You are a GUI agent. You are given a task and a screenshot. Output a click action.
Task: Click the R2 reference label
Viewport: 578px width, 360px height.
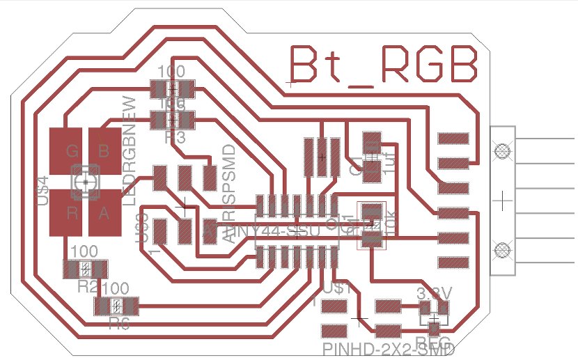click(x=88, y=285)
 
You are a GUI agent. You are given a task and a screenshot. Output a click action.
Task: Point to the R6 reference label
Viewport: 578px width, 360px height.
click(x=120, y=322)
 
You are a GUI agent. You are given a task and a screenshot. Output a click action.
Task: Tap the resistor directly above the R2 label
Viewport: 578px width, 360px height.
click(x=85, y=268)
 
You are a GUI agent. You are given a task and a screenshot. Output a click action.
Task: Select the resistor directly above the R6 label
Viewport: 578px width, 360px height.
click(x=117, y=306)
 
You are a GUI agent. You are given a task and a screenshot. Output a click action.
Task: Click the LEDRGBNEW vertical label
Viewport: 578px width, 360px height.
click(x=129, y=149)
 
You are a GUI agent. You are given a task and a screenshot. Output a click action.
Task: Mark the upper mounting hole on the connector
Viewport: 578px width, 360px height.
click(x=500, y=149)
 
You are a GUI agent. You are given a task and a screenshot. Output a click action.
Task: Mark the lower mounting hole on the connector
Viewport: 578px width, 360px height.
click(x=500, y=247)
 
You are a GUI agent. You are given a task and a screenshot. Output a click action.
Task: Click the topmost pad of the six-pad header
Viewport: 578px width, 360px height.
click(x=453, y=139)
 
